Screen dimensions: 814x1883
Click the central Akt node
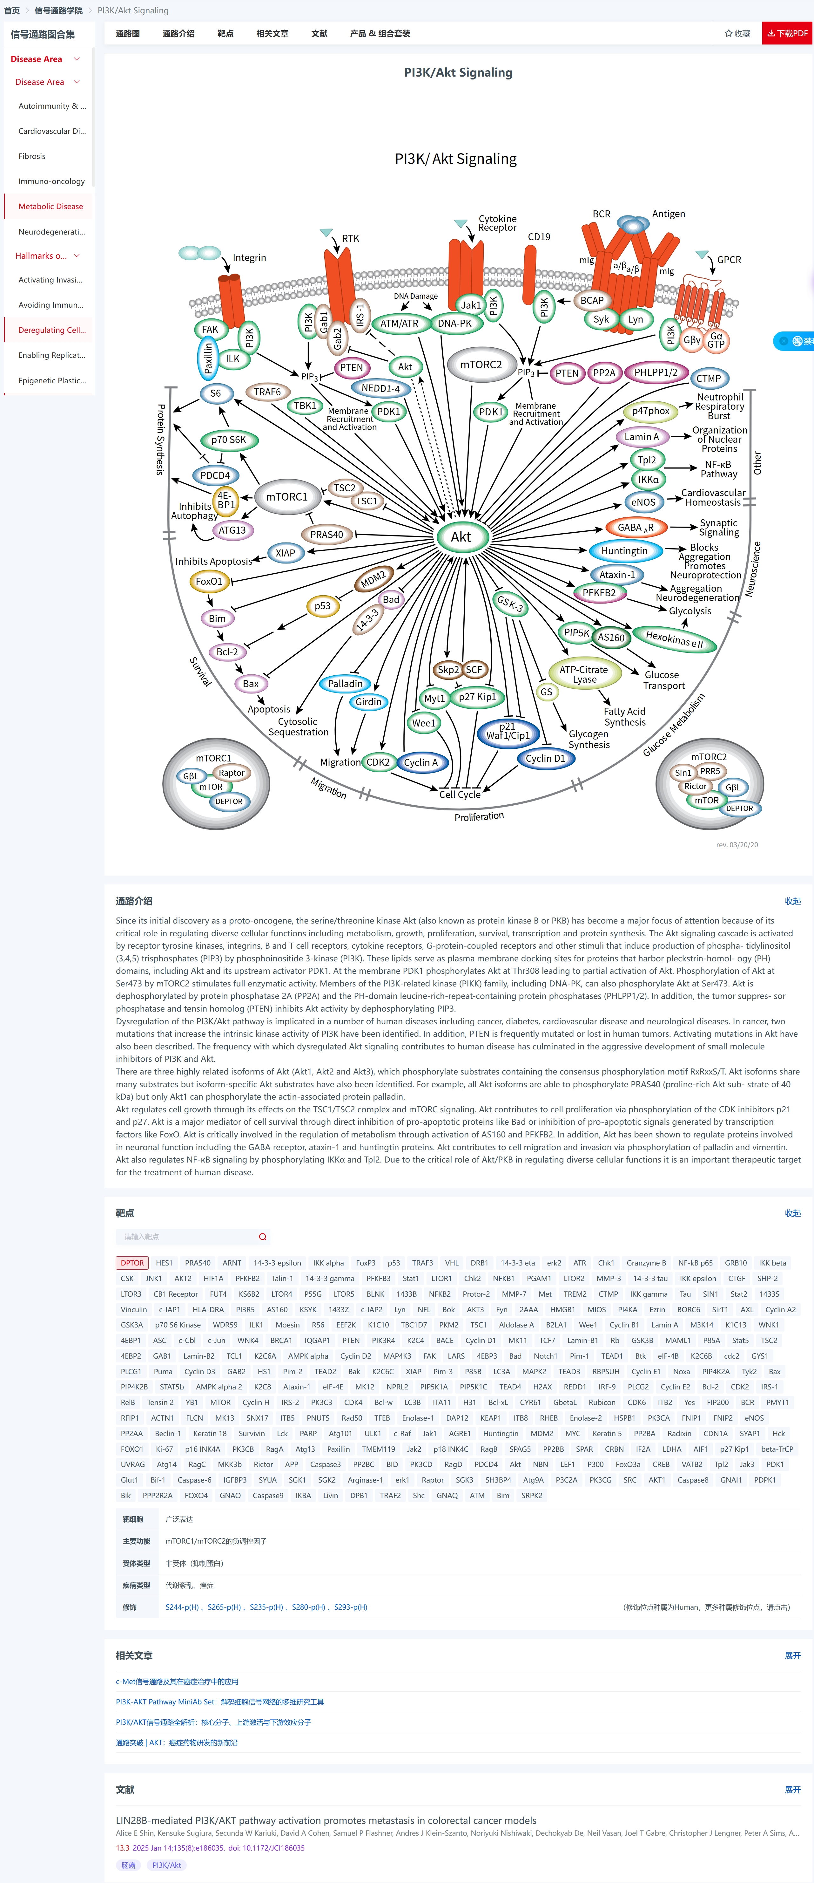pyautogui.click(x=461, y=536)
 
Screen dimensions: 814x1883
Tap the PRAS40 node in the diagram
pyautogui.click(x=326, y=534)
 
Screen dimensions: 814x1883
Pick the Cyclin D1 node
pyautogui.click(x=545, y=758)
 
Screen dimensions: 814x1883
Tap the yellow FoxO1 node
pyautogui.click(x=209, y=581)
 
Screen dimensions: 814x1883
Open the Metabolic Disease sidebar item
pyautogui.click(x=50, y=206)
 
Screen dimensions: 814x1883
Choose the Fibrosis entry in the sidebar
pyautogui.click(x=32, y=156)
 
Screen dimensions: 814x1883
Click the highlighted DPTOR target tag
pyautogui.click(x=132, y=1262)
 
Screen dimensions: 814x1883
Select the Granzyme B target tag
pyautogui.click(x=646, y=1262)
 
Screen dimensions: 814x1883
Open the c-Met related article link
pyautogui.click(x=177, y=1681)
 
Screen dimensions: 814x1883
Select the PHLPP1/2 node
pyautogui.click(x=656, y=372)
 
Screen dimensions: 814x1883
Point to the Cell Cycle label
pyautogui.click(x=460, y=795)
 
